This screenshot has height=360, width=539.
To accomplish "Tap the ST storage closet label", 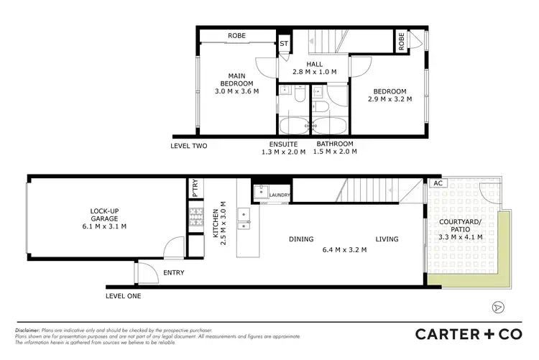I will click(285, 44).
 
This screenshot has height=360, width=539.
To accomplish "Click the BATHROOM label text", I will click(336, 143).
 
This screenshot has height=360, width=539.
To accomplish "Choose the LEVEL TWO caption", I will click(189, 146).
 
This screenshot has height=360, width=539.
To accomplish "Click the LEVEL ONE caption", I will click(123, 296).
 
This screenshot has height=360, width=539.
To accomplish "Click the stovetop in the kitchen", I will click(195, 217).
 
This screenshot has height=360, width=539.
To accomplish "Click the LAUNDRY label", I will click(280, 195).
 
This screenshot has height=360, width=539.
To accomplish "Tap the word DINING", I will click(302, 239).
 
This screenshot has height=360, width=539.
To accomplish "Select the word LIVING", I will click(387, 239).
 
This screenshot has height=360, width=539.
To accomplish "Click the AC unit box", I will click(438, 183).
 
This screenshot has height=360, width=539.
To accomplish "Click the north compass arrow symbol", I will click(496, 307).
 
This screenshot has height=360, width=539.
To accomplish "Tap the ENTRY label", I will click(173, 273).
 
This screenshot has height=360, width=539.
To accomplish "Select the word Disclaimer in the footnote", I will click(29, 329).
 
